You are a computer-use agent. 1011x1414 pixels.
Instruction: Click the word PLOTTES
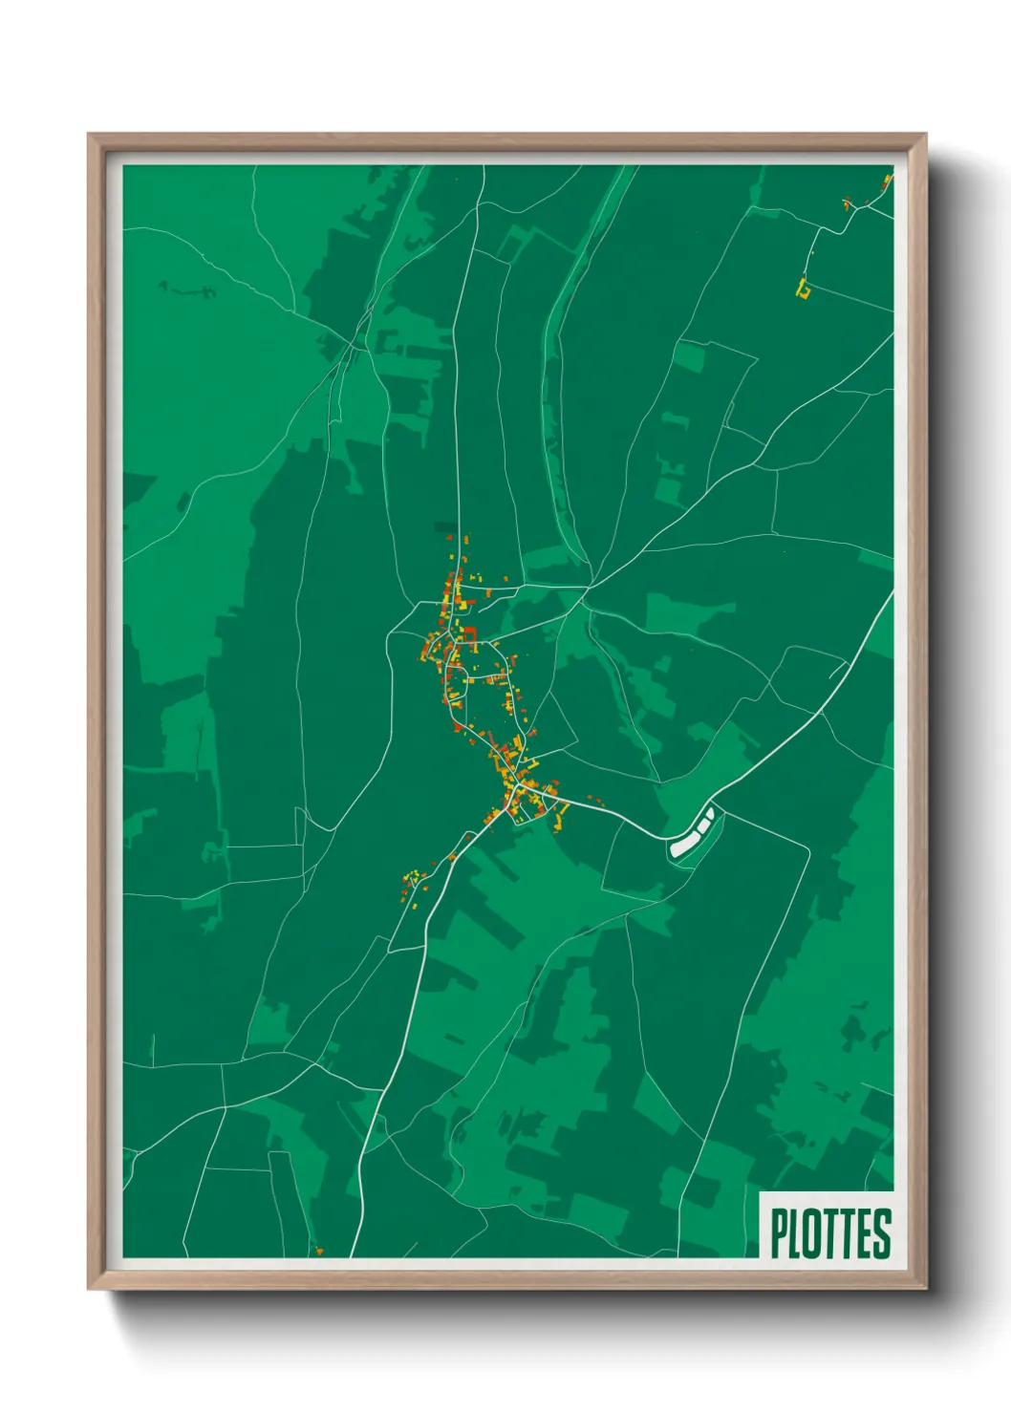[830, 1233]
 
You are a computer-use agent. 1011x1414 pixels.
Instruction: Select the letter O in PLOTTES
[811, 1233]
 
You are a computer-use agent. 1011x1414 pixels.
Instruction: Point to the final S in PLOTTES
[881, 1233]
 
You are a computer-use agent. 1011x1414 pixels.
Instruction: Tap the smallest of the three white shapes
[710, 814]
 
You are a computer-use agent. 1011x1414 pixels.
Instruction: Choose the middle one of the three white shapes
[702, 826]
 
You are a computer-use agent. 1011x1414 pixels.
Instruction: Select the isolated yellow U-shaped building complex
[804, 288]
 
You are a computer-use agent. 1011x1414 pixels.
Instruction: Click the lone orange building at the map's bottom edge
[319, 1251]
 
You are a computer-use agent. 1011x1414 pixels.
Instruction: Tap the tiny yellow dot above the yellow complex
[811, 253]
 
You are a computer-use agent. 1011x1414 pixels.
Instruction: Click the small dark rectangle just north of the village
[445, 526]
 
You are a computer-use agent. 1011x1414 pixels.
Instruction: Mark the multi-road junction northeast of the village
[592, 582]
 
